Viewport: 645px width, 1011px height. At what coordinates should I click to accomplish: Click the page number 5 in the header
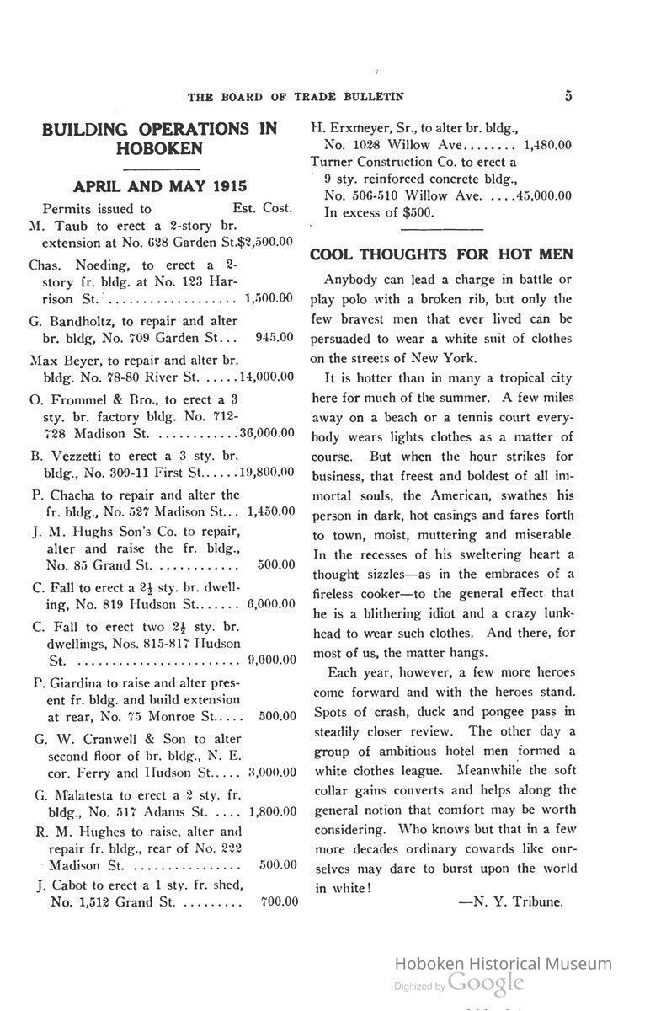coord(568,96)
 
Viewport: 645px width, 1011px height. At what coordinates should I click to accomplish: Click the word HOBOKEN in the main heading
coord(160,149)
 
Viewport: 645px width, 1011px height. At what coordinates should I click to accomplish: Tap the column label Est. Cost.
coord(262,208)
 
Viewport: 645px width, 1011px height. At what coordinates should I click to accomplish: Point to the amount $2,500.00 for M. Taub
coord(267,242)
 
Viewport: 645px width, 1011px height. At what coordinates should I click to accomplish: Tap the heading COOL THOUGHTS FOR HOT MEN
coord(441,254)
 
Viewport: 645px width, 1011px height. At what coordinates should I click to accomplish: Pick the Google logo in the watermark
coord(486,982)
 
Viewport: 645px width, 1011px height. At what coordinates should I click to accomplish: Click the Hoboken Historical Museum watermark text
coord(503,964)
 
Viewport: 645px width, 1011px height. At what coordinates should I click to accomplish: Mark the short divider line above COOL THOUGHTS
coord(441,228)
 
